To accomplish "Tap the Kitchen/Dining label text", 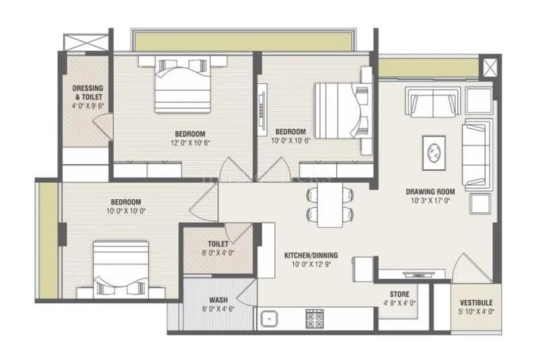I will click(x=311, y=256).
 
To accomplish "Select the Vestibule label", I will click(x=476, y=303).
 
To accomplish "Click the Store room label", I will click(x=399, y=294).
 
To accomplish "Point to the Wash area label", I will click(x=217, y=299).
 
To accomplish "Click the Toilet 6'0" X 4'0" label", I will click(x=218, y=244).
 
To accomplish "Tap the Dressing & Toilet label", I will click(x=87, y=92).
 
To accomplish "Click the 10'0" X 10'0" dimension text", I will click(x=126, y=211).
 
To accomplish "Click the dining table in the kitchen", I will click(x=329, y=205).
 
